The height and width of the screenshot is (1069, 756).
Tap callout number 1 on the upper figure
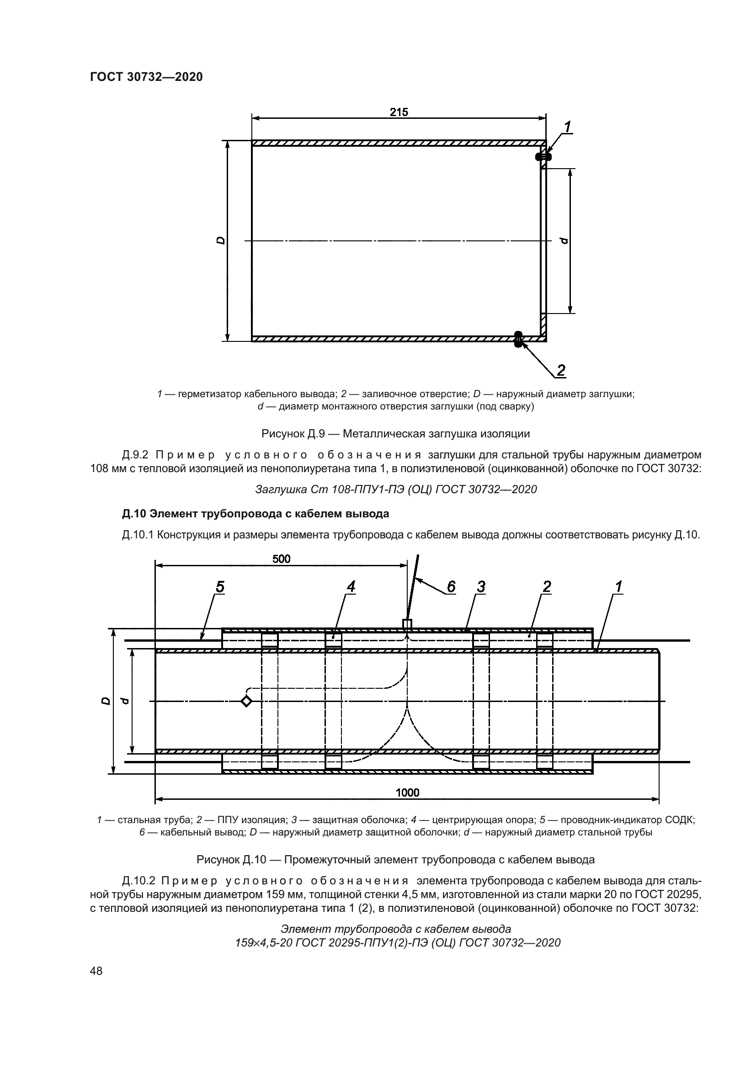click(x=568, y=126)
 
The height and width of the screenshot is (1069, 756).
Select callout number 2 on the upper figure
click(x=561, y=371)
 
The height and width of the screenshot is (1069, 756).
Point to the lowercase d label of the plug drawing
click(x=564, y=241)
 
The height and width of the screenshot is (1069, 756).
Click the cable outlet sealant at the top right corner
click(x=543, y=157)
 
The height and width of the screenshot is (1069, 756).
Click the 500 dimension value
click(x=281, y=558)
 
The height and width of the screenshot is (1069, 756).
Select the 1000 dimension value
click(x=407, y=792)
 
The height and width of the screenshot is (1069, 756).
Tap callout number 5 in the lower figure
click(x=220, y=587)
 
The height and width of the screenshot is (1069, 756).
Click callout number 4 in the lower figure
click(x=351, y=587)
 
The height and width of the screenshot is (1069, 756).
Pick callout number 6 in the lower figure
click(x=451, y=587)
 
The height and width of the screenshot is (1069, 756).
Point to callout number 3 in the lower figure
click(x=481, y=587)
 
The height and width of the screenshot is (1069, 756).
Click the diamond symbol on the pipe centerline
click(x=246, y=701)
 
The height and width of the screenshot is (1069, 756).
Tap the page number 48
click(x=96, y=971)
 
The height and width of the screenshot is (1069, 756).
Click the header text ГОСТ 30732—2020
click(x=146, y=77)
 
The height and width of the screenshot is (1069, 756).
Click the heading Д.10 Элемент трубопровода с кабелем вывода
click(x=255, y=514)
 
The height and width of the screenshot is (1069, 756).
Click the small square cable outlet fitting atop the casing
click(x=407, y=624)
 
